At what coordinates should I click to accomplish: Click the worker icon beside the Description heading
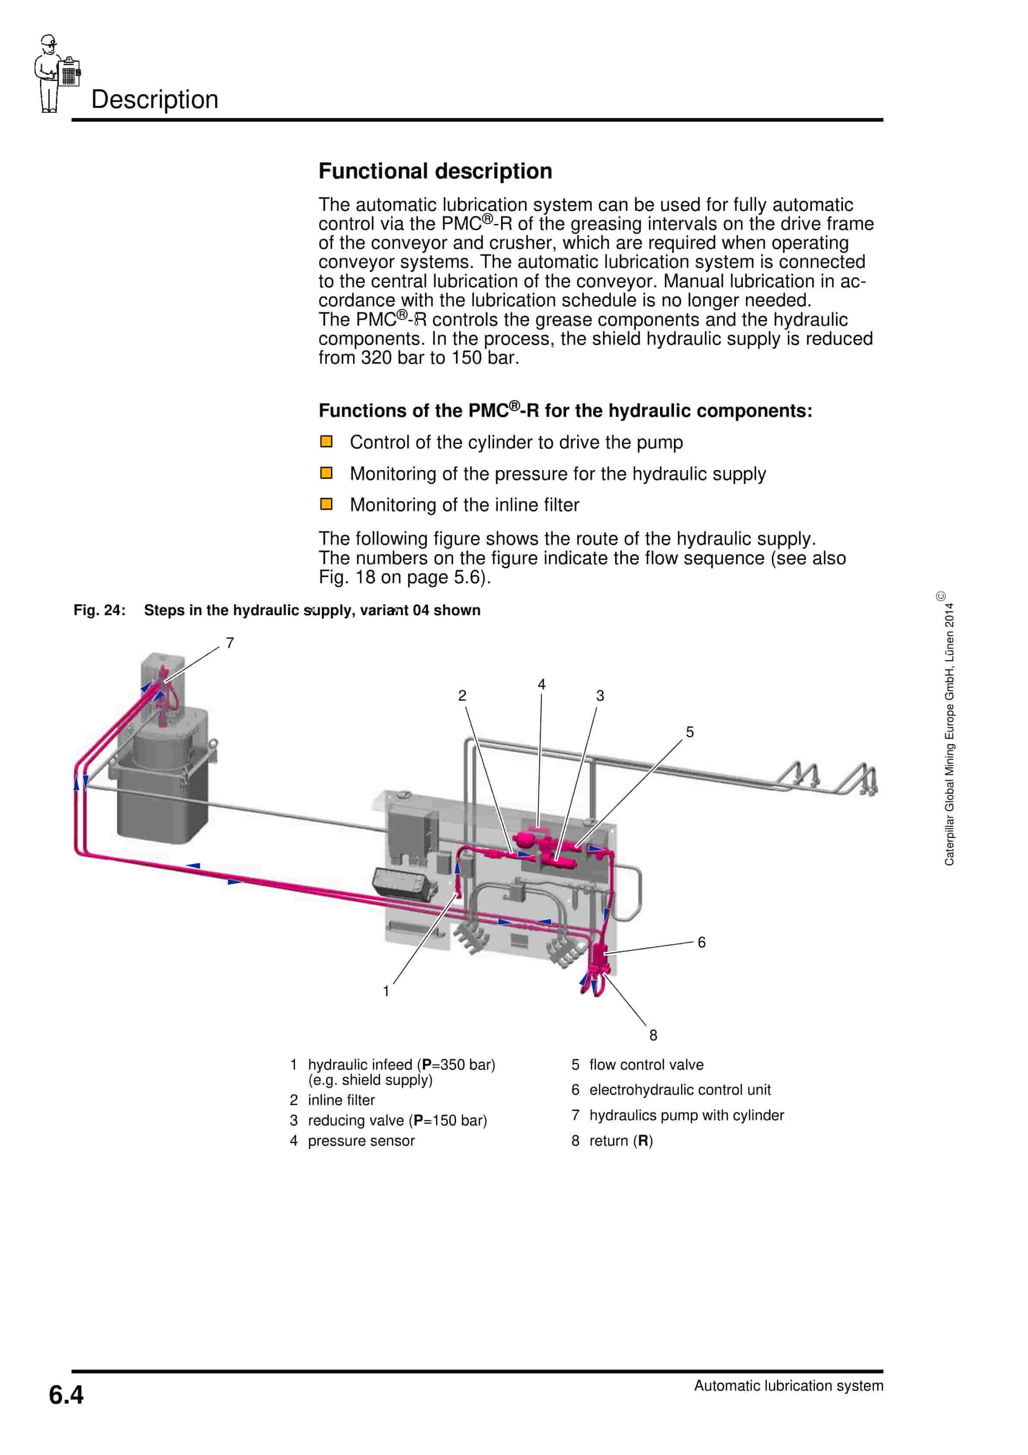tap(56, 74)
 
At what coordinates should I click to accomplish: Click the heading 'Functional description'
tap(435, 171)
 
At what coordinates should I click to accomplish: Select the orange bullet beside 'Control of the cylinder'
tap(327, 442)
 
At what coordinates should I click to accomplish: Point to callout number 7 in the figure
tap(230, 642)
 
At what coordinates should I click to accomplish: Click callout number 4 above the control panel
tap(541, 684)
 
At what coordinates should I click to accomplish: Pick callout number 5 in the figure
tap(689, 732)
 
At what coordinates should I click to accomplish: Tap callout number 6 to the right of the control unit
tap(701, 942)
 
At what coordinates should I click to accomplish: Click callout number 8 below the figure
tap(653, 1035)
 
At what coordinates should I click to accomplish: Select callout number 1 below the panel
tap(386, 991)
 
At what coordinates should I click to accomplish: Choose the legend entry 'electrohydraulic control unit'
tap(679, 1090)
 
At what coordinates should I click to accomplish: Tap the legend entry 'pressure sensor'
tap(361, 1140)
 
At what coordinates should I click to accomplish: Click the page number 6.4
tap(66, 1395)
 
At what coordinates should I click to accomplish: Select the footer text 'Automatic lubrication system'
tap(788, 1386)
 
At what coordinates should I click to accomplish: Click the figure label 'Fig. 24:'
tap(99, 610)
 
